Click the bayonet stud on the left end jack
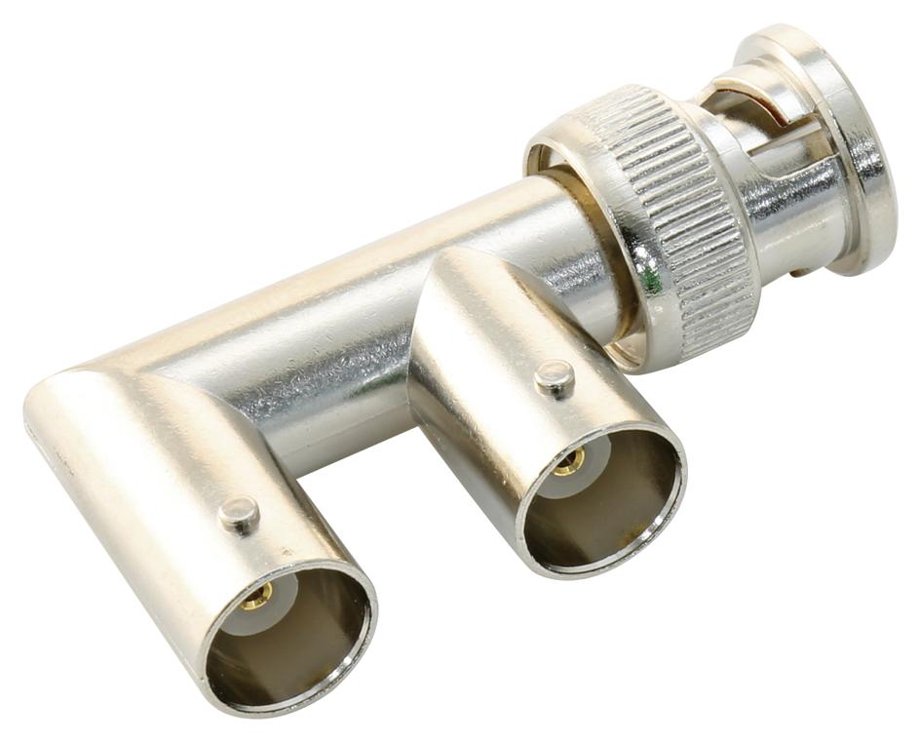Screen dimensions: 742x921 click(240, 514)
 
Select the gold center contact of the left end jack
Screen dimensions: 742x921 click(257, 596)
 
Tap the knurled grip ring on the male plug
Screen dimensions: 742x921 click(672, 224)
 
